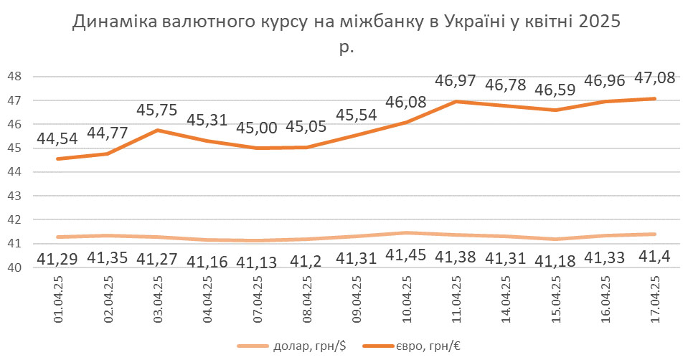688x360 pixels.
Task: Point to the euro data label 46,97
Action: pos(458,80)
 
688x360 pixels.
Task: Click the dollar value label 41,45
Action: pos(408,255)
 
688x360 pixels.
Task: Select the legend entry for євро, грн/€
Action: pos(422,346)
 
